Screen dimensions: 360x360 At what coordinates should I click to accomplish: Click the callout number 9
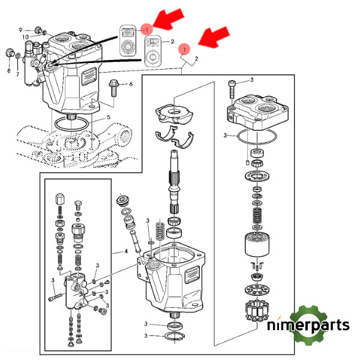20,29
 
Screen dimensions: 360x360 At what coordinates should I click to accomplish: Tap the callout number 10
26,37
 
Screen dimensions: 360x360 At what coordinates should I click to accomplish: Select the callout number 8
9,71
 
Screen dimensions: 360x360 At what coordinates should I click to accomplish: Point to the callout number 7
17,74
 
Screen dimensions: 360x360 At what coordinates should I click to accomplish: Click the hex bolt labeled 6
114,88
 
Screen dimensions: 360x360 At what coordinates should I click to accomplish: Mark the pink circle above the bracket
185,49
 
